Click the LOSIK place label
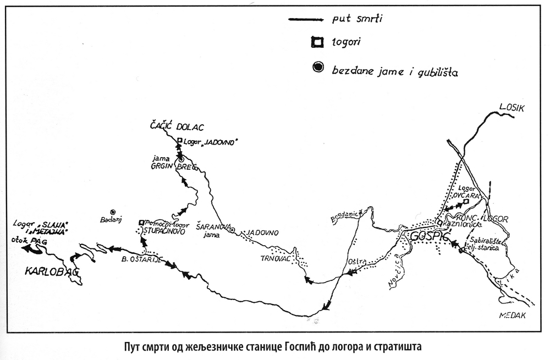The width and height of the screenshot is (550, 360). point(513,108)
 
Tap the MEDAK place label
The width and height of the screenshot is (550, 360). point(513,315)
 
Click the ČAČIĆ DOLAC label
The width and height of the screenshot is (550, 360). point(169,128)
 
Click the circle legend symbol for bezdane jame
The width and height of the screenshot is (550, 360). point(317,68)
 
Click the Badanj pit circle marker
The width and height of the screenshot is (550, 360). point(113,212)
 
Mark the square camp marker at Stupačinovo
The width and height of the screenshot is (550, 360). point(141,223)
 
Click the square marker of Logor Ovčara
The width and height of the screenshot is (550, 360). point(465,202)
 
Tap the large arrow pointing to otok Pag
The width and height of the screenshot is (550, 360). point(32,248)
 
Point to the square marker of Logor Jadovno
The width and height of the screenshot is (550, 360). point(179,141)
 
